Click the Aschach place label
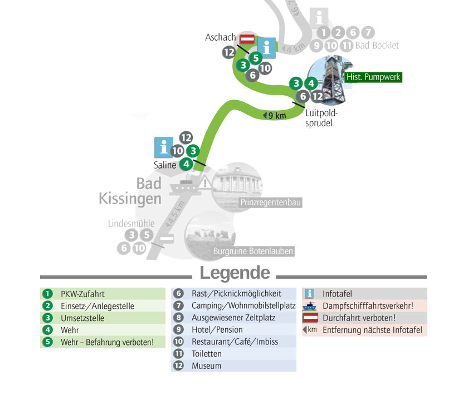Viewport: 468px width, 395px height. [x=220, y=37]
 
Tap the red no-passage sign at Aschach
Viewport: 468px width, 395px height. [x=247, y=39]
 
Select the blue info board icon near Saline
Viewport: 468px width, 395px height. [x=164, y=147]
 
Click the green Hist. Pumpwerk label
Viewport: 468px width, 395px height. [x=373, y=77]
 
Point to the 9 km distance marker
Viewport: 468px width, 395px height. [x=275, y=115]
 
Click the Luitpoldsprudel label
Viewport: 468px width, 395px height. [x=321, y=118]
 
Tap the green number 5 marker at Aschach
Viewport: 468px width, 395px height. [x=256, y=58]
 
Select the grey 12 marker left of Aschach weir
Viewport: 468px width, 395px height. [x=229, y=52]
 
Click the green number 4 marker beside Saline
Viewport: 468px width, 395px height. [x=186, y=164]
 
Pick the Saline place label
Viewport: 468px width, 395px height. [x=165, y=165]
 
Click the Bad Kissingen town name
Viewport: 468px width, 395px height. [x=130, y=191]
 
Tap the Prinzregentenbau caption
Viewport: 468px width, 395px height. [x=270, y=203]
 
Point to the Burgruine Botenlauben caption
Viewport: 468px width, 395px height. [x=253, y=251]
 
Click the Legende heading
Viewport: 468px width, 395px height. [x=235, y=273]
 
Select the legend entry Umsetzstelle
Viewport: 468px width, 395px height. [x=82, y=318]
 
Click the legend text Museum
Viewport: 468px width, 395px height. [x=206, y=366]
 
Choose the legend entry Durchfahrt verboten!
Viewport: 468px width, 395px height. [x=359, y=318]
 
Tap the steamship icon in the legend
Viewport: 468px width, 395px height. [x=309, y=306]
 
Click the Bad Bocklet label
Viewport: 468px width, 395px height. [x=377, y=46]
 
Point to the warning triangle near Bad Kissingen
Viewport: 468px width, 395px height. [x=205, y=182]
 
